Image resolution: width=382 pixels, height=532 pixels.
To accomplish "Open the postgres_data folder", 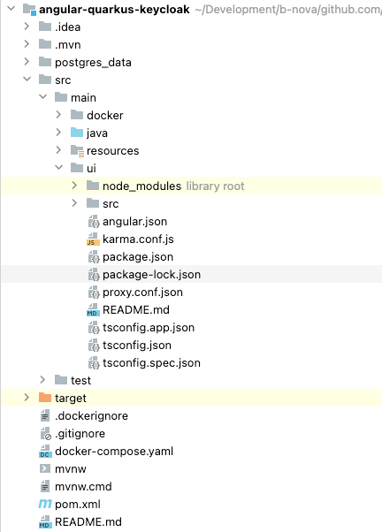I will (x=93, y=62).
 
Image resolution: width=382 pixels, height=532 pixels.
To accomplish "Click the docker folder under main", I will (x=104, y=115).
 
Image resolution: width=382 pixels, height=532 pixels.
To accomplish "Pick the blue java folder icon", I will (x=77, y=133).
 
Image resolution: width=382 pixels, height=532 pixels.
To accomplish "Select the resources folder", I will (x=112, y=150).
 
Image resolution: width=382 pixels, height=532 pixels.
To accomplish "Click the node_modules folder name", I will (x=141, y=186).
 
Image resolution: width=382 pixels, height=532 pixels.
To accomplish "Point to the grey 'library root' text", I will (x=215, y=186).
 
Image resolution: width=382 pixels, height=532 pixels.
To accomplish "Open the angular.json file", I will (x=134, y=221).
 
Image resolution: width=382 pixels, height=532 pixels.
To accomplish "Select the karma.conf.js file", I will (x=138, y=239).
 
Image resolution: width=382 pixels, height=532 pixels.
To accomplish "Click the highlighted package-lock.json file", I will (x=151, y=274).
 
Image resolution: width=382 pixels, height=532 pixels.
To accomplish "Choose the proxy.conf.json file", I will (x=142, y=292).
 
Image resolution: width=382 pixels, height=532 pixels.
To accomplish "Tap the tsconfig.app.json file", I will (x=148, y=327).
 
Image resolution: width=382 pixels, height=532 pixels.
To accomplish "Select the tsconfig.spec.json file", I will (x=151, y=362).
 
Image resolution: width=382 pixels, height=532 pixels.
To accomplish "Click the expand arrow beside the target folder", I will (x=27, y=398).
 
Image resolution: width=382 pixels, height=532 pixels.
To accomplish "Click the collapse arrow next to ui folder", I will (x=59, y=168).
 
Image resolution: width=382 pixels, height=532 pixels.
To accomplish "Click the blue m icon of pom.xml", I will (x=45, y=504).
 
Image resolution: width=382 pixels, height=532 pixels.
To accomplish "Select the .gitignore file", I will (x=80, y=433).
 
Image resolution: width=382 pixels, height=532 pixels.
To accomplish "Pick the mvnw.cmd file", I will (x=83, y=486).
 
